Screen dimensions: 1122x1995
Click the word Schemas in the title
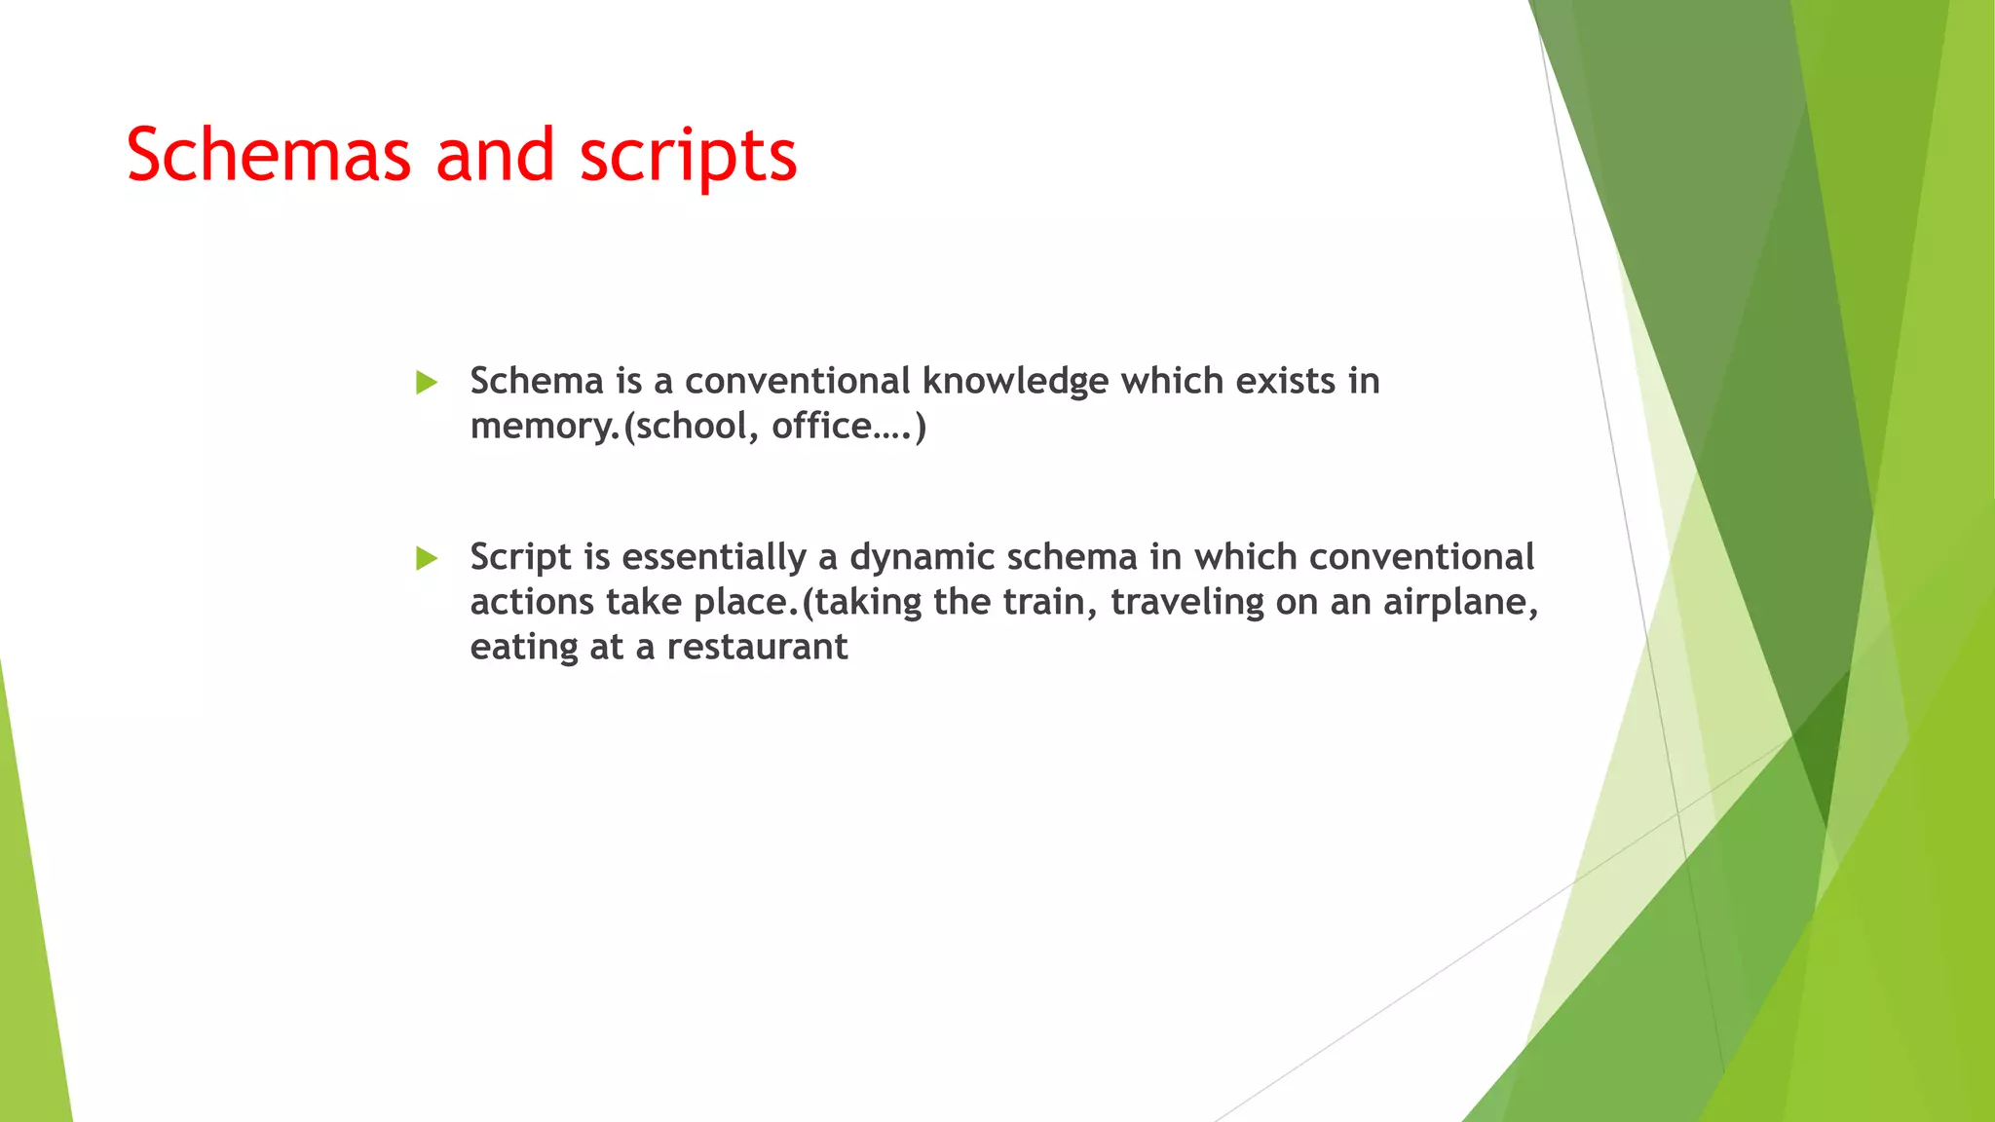[269, 156]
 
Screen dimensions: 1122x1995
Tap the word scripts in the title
[688, 156]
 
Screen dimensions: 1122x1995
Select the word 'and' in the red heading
[495, 156]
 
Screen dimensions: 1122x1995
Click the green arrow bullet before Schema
[427, 383]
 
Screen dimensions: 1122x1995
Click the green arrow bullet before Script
[427, 559]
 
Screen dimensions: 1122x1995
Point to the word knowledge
[1015, 382]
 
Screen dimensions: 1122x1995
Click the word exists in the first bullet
[1285, 381]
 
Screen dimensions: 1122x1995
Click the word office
[821, 427]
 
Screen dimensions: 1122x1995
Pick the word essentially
[714, 558]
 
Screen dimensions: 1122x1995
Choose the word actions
[532, 602]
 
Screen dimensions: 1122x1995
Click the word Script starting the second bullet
[520, 558]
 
